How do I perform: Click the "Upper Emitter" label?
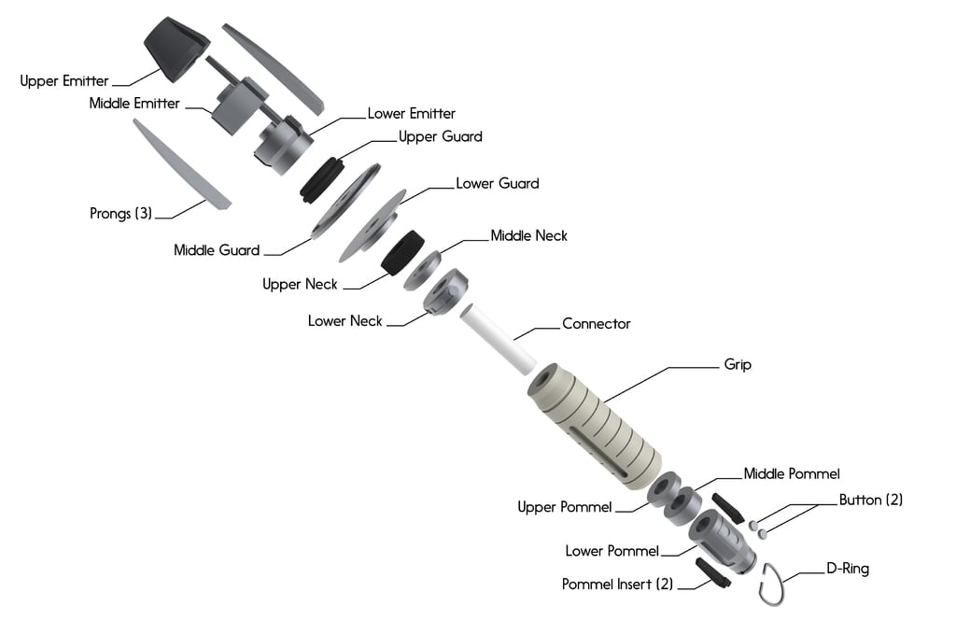(x=64, y=81)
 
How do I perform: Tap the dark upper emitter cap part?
(x=176, y=47)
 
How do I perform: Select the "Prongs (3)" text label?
(x=120, y=214)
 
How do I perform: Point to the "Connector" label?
(x=596, y=324)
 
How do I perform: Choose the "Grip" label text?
(x=738, y=364)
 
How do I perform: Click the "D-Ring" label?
(x=848, y=568)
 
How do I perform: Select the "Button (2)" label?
(x=870, y=500)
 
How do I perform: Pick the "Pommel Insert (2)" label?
(x=617, y=585)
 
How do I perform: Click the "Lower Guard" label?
(x=497, y=183)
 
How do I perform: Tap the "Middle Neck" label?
(x=528, y=235)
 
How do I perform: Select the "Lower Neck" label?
(x=345, y=321)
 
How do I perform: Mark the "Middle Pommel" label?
(x=792, y=474)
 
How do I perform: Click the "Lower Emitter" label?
(x=411, y=113)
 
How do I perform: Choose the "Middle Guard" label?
(x=217, y=250)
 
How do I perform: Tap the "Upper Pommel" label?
(x=565, y=507)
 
